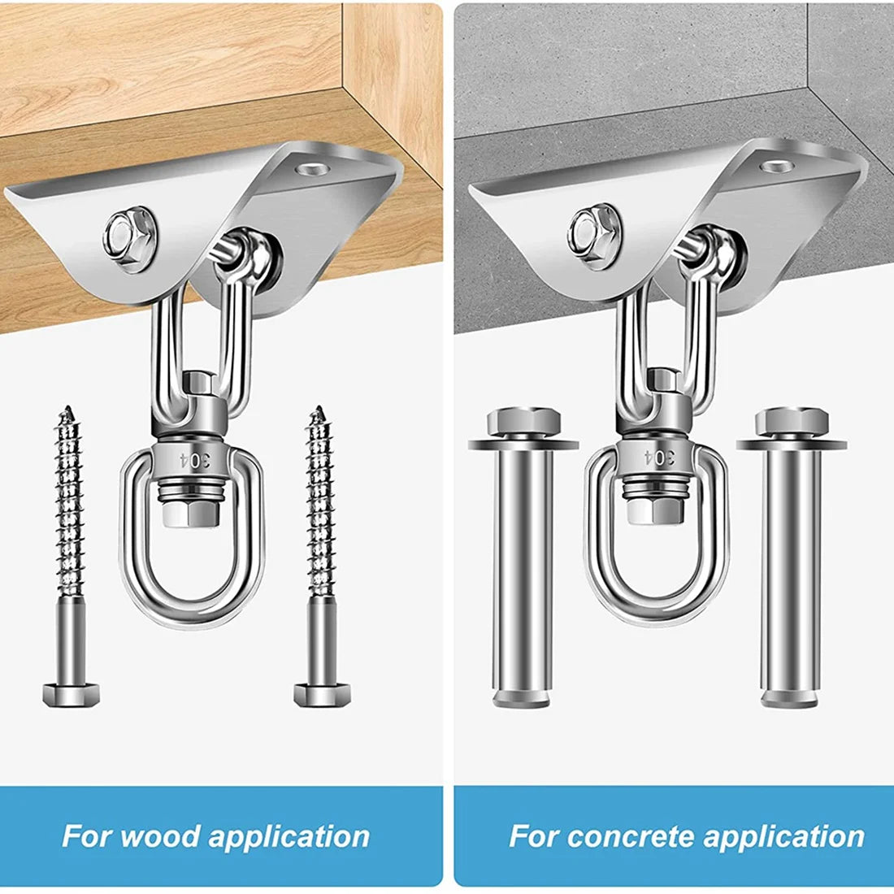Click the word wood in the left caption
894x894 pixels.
[160, 836]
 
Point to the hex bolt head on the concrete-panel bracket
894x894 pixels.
[595, 235]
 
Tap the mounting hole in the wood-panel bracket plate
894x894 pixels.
[310, 169]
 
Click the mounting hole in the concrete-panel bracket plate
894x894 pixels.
[775, 166]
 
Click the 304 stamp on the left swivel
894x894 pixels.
[194, 459]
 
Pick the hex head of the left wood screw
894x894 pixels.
[71, 694]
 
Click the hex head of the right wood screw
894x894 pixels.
[322, 694]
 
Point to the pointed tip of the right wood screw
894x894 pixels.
[317, 407]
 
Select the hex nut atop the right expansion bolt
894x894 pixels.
[792, 422]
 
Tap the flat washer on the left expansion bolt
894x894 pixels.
[523, 444]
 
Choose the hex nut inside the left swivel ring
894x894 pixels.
[191, 513]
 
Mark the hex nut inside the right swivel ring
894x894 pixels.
[656, 510]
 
